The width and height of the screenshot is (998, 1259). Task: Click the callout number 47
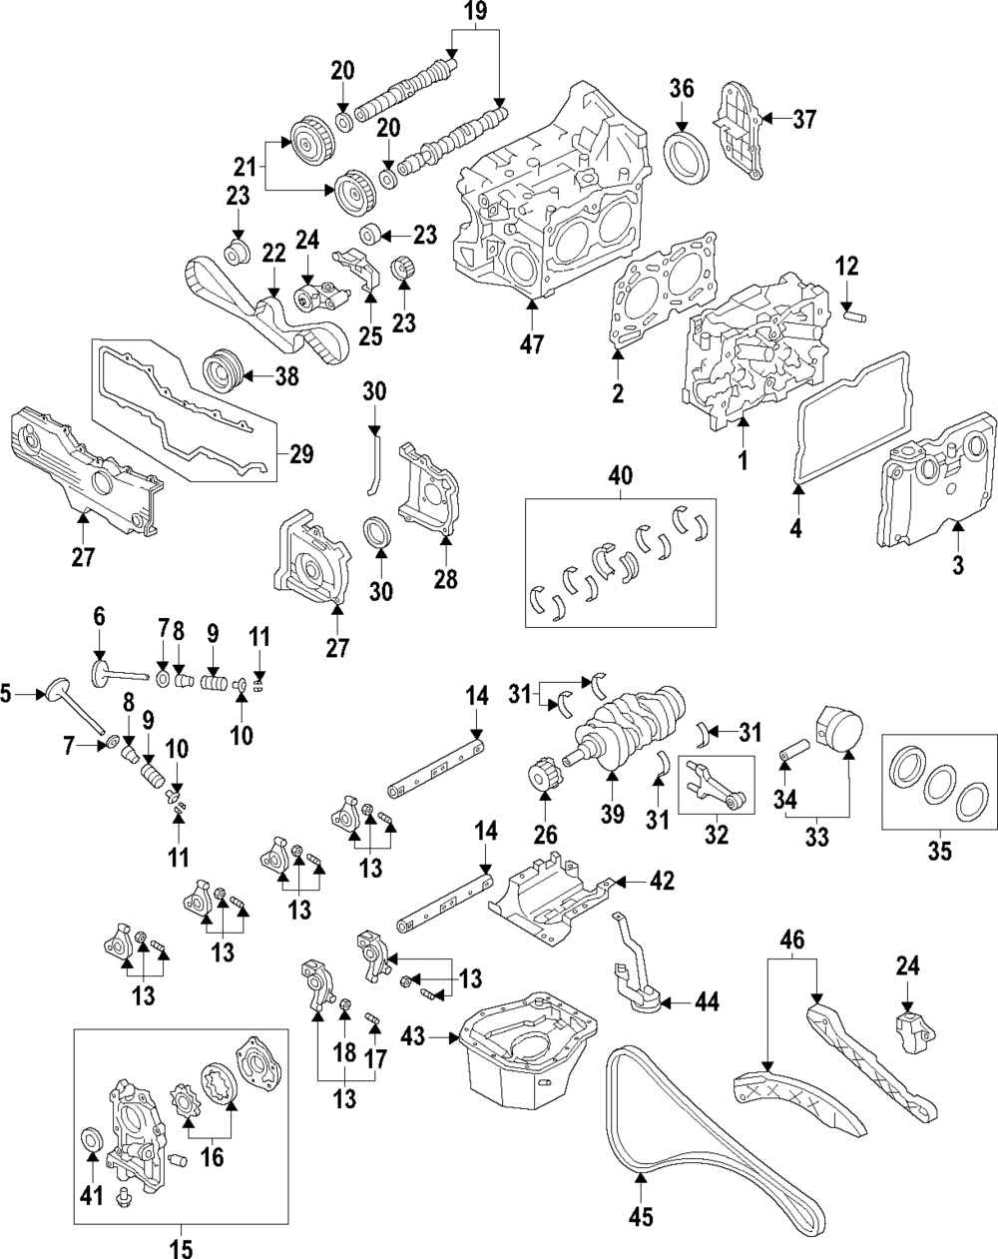[533, 344]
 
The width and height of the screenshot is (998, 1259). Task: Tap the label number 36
[682, 88]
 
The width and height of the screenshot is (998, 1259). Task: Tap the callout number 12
[846, 268]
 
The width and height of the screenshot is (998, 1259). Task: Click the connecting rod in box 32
[713, 786]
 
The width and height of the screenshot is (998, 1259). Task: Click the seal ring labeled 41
[92, 1141]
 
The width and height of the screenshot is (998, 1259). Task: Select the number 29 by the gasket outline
[300, 454]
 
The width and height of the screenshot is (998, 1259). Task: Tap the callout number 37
[803, 119]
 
